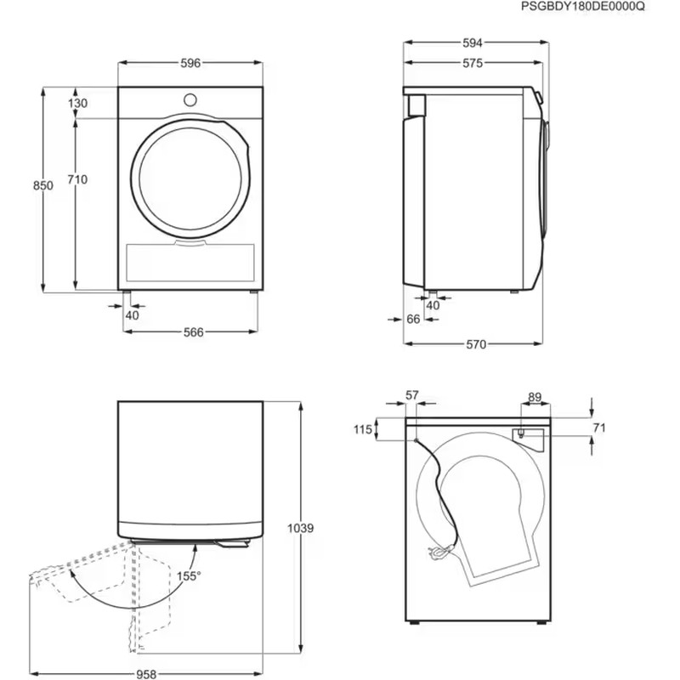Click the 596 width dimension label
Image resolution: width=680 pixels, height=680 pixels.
click(190, 64)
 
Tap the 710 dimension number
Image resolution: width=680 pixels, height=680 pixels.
click(78, 179)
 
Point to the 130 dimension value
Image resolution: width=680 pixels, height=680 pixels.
click(78, 103)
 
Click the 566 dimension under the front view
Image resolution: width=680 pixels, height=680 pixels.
click(193, 332)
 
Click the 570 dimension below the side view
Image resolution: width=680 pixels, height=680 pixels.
click(475, 344)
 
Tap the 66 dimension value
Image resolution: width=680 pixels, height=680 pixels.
click(414, 320)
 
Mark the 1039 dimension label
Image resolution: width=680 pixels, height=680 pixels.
click(301, 528)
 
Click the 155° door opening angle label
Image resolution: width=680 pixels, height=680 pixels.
click(189, 576)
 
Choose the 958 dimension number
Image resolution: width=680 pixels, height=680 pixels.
click(147, 670)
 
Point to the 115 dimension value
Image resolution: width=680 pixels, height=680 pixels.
click(363, 430)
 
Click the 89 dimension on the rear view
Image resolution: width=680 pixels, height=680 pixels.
click(535, 396)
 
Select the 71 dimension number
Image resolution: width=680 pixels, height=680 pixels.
click(598, 428)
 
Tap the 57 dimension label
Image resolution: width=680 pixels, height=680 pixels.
click(412, 395)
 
